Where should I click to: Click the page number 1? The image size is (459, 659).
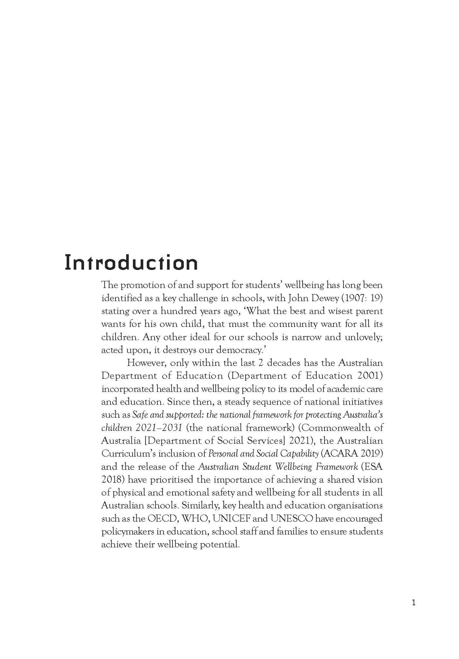pos(414,603)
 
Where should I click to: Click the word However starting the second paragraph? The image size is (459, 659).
pos(146,362)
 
